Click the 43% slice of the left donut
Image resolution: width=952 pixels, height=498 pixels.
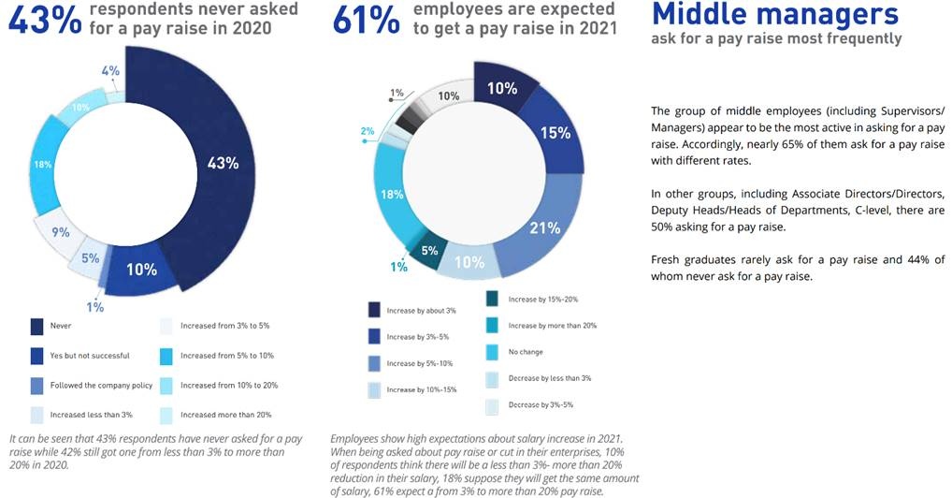tap(222, 164)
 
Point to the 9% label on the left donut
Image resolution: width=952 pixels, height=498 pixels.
tap(61, 232)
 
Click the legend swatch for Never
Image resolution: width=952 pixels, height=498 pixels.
tap(36, 326)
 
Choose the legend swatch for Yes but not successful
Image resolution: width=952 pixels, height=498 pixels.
tap(36, 356)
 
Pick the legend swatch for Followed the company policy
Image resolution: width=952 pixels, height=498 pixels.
tap(36, 385)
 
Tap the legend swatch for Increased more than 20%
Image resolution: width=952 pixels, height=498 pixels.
tap(167, 415)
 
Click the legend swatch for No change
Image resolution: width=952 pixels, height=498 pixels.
tap(492, 352)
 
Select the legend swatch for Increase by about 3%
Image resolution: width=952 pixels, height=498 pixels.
tap(374, 311)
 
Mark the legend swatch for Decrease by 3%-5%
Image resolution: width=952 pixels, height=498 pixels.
tap(492, 405)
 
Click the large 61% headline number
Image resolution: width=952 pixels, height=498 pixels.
tap(367, 21)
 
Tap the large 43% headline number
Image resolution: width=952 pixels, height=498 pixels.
tap(44, 21)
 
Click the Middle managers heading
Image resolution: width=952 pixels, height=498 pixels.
tap(774, 14)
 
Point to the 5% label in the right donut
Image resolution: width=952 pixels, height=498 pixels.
tap(428, 251)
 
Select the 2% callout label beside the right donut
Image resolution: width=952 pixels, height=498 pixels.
tap(368, 131)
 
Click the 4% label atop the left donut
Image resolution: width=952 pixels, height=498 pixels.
tap(109, 71)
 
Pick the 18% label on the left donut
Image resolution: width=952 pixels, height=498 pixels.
tap(44, 165)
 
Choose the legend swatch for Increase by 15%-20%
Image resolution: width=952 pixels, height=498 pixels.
tap(492, 300)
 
